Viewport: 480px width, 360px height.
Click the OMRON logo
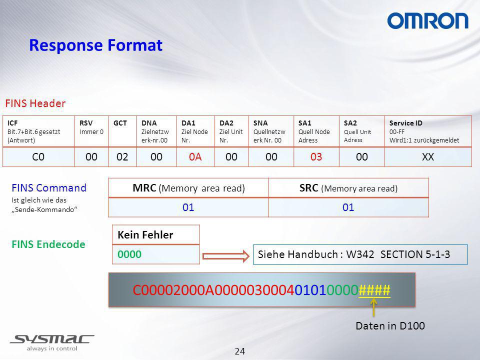(x=427, y=21)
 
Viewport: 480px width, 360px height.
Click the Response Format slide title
(x=95, y=45)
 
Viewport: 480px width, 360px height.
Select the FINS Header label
(x=35, y=103)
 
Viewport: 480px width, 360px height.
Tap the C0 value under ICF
(x=38, y=156)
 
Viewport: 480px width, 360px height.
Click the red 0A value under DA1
(x=195, y=156)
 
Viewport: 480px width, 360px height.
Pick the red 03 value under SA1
(x=316, y=156)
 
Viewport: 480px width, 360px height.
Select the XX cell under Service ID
(x=428, y=156)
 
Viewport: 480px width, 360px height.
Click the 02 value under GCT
(x=122, y=156)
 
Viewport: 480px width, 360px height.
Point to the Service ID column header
(x=424, y=131)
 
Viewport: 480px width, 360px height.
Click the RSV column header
(x=91, y=127)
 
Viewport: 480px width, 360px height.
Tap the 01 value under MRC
(x=188, y=207)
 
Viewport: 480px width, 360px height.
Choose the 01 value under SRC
(x=348, y=207)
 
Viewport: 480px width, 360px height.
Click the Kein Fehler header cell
(x=156, y=235)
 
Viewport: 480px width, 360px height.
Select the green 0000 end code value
(x=129, y=254)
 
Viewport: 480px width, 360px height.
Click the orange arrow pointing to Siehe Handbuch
(x=226, y=256)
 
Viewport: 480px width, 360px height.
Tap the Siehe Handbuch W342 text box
(x=360, y=254)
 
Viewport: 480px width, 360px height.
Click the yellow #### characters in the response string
(x=374, y=289)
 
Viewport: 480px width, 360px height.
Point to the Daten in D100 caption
(x=390, y=325)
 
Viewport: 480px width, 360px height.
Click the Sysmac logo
(x=52, y=342)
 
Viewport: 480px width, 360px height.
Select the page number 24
(x=240, y=351)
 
